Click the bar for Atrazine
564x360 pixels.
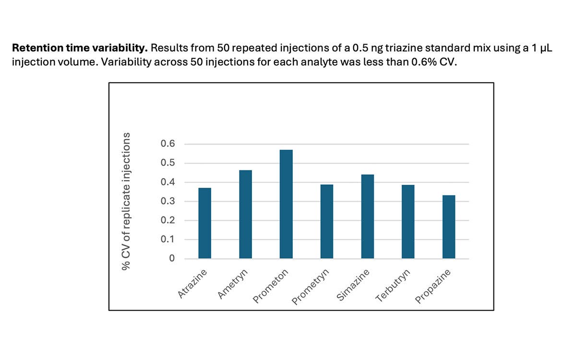pyautogui.click(x=204, y=223)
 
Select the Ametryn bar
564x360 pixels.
pyautogui.click(x=245, y=215)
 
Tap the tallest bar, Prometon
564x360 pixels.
pyautogui.click(x=286, y=204)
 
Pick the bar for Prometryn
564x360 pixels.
pyautogui.click(x=327, y=222)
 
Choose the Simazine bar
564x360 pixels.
pyautogui.click(x=367, y=216)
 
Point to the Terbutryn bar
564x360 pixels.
pyautogui.click(x=408, y=222)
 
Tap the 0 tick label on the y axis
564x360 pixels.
pyautogui.click(x=172, y=259)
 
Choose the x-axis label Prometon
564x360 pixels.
pyautogui.click(x=271, y=286)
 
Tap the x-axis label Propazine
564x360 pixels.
pyautogui.click(x=433, y=286)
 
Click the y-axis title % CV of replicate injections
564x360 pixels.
pyautogui.click(x=126, y=202)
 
